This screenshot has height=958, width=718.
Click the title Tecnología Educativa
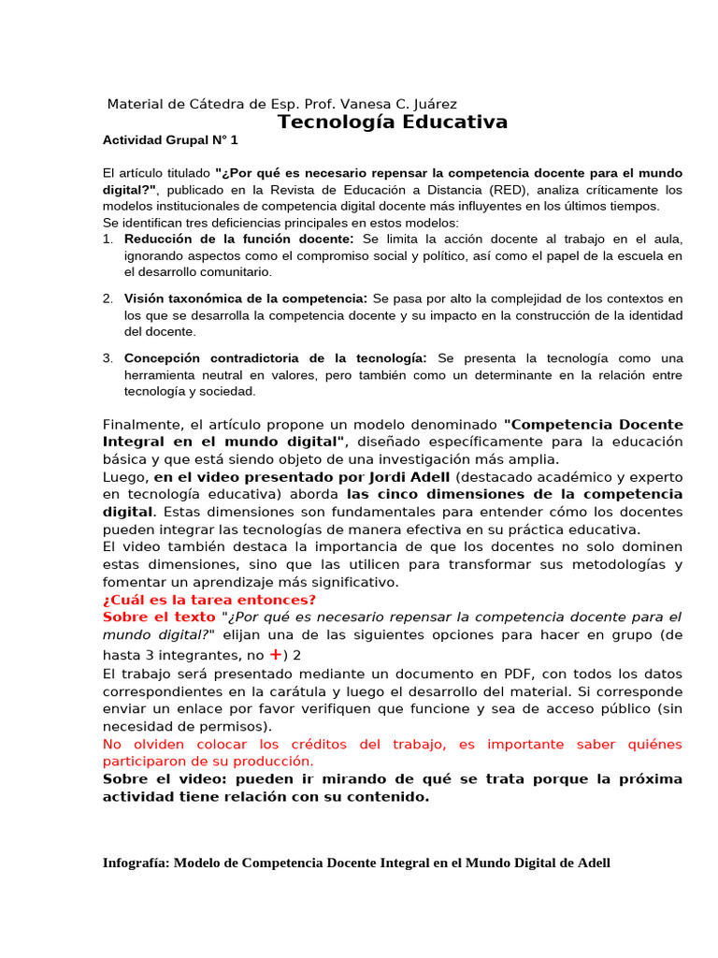tap(393, 123)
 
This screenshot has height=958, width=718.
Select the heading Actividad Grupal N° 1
tap(170, 140)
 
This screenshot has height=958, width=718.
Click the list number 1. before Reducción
tap(108, 239)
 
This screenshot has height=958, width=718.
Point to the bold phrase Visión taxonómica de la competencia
tap(245, 298)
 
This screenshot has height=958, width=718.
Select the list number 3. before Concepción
tap(108, 358)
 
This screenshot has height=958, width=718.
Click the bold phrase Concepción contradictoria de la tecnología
tap(275, 358)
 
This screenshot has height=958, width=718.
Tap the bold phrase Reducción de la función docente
tap(238, 239)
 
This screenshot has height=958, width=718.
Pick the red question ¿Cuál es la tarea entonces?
tap(209, 600)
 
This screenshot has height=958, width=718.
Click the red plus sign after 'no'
tap(276, 655)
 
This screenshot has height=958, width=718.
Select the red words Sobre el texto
tap(159, 617)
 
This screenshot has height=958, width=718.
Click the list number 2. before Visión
tap(108, 298)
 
